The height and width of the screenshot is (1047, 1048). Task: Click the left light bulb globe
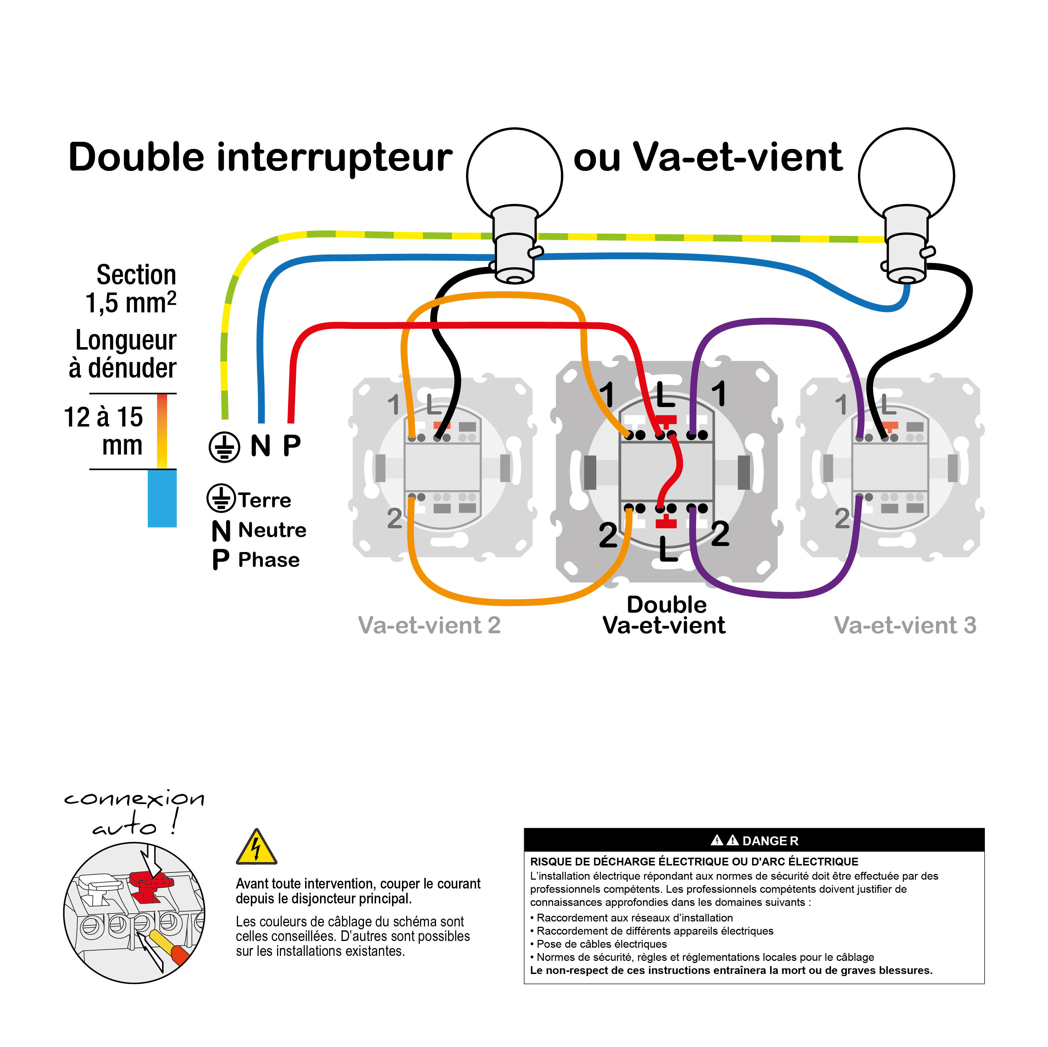pos(514,172)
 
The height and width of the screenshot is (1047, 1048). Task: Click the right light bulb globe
pos(906,172)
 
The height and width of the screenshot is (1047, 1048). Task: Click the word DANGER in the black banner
pos(770,841)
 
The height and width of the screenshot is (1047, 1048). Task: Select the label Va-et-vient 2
pos(429,625)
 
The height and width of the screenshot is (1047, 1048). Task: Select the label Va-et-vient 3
pos(905,625)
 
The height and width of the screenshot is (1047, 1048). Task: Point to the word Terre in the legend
pos(264,500)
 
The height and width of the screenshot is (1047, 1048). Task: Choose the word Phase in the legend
pos(269,559)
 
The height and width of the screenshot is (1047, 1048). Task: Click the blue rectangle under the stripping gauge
pos(162,498)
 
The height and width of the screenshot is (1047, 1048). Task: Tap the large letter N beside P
pos(260,446)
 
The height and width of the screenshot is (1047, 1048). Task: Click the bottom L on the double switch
pos(668,549)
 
